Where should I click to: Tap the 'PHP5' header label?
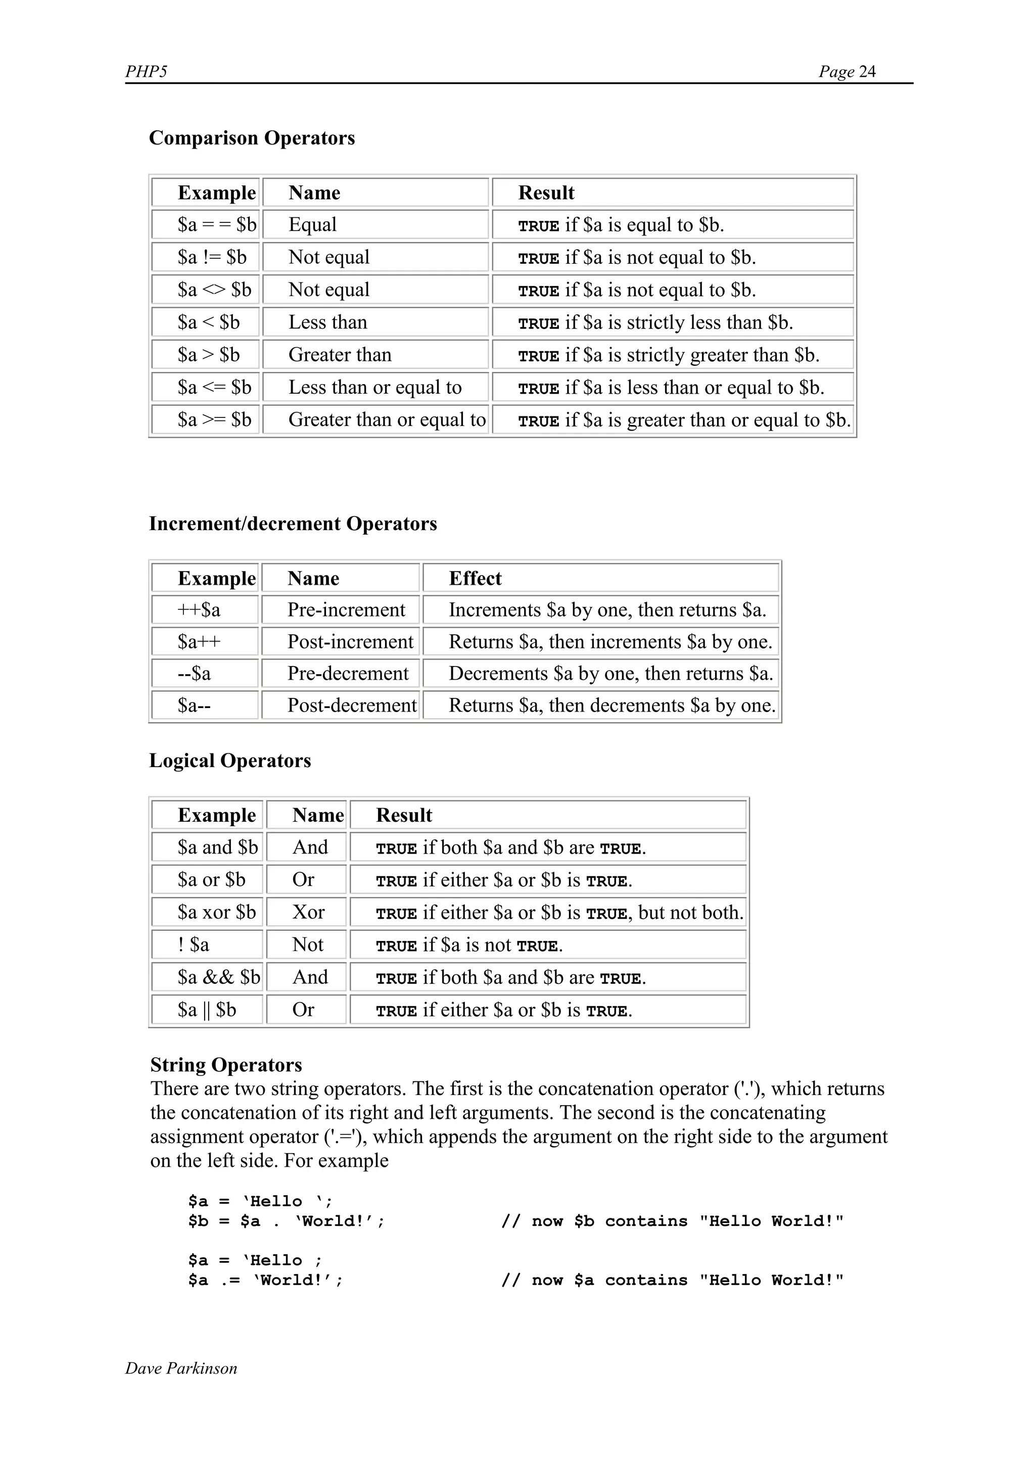(146, 71)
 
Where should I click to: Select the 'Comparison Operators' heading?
(252, 138)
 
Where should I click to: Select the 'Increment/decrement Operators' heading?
(293, 524)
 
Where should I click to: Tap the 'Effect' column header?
(475, 579)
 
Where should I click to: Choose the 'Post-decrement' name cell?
(351, 706)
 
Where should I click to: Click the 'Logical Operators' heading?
(229, 761)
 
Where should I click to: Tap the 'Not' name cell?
(308, 945)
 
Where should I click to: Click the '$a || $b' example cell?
(207, 1010)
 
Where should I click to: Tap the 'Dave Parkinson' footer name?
(181, 1368)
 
